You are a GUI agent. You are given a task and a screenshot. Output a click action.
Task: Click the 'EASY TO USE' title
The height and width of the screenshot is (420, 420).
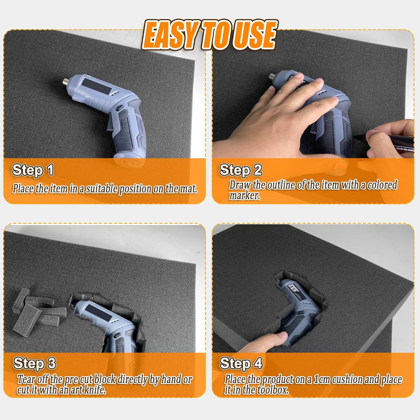(x=209, y=35)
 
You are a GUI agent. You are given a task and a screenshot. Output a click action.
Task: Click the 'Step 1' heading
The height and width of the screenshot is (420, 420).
(x=33, y=170)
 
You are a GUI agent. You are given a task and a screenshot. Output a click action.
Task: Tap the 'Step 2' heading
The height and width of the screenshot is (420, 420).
(x=241, y=170)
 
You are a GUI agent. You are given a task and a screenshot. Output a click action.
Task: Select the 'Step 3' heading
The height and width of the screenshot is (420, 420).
(x=34, y=363)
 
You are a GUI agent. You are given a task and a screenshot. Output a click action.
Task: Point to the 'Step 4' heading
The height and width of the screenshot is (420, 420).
(x=241, y=363)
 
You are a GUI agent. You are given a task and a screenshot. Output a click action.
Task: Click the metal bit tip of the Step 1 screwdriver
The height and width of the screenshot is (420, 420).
(x=65, y=82)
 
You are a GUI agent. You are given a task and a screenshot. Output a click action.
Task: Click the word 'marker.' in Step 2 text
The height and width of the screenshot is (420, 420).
(x=244, y=196)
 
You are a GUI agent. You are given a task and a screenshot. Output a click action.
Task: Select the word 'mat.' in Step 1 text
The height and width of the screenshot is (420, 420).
(x=188, y=189)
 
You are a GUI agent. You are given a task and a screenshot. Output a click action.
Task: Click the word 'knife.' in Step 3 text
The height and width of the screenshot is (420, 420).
(x=95, y=390)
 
